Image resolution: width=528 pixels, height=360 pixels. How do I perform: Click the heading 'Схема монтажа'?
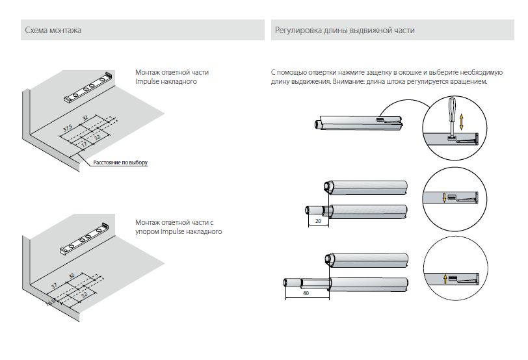pos(53,31)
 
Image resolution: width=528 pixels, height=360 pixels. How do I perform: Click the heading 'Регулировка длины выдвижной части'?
pos(345,31)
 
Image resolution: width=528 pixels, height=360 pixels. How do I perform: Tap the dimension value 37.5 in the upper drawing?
pos(68,128)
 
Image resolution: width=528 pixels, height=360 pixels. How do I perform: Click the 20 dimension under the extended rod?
pos(318,221)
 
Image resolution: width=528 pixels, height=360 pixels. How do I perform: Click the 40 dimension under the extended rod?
pos(306,293)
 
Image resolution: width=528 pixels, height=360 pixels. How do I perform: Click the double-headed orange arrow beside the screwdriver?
pos(462,122)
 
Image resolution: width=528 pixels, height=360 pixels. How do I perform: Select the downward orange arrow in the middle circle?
pos(444,198)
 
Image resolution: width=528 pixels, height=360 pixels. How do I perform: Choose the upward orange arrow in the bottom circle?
pos(444,279)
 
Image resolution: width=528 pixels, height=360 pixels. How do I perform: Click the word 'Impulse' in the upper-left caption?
pos(148,83)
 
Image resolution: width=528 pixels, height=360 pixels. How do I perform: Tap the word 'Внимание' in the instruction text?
pos(350,83)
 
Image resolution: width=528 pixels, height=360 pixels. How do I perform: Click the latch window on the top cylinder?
pos(380,119)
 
